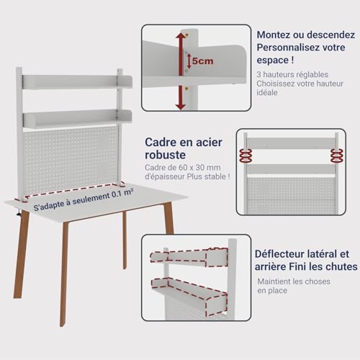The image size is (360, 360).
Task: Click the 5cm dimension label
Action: point(202,61)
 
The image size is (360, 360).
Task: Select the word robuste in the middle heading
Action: point(165,155)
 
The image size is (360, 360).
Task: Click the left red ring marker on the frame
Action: point(246,156)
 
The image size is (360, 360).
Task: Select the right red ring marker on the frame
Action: point(337,156)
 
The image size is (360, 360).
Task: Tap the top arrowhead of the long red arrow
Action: point(181,35)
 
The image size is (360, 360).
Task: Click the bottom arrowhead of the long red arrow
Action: point(181,107)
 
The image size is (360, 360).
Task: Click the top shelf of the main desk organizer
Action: point(77,82)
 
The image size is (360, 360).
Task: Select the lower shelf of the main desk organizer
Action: point(77,118)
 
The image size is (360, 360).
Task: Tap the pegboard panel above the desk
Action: point(71,159)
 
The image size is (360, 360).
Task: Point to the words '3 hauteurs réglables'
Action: point(292,74)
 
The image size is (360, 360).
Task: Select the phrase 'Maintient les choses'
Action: point(294,282)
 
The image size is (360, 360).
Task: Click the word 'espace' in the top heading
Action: point(273,60)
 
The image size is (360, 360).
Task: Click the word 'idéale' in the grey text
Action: point(267,92)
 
